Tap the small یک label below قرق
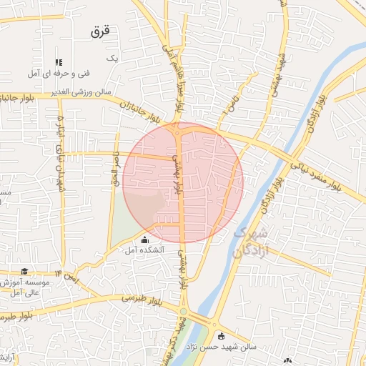111,57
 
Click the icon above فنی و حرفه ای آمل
59,63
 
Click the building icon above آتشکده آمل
145,239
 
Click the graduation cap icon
25,272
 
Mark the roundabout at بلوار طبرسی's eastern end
184,312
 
